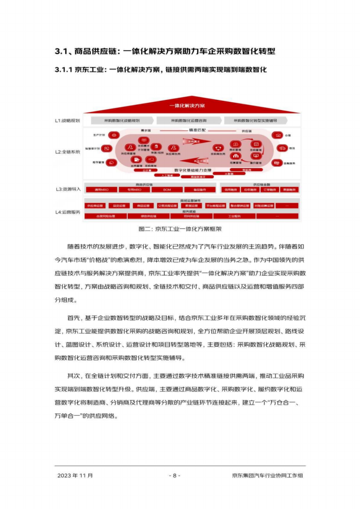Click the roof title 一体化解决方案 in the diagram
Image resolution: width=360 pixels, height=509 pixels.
[x=187, y=106]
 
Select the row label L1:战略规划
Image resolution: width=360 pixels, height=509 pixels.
[x=67, y=121]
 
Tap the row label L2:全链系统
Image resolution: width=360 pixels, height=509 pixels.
[x=67, y=152]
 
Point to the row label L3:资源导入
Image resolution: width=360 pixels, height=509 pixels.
[x=67, y=189]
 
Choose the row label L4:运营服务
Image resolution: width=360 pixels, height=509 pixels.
[x=67, y=212]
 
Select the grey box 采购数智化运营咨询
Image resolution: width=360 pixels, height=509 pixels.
[x=189, y=121]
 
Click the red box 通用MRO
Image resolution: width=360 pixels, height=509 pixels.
[x=101, y=190]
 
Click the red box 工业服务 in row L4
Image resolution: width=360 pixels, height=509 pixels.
[x=234, y=216]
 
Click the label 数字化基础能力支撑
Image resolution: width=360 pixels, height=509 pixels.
[x=192, y=170]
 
